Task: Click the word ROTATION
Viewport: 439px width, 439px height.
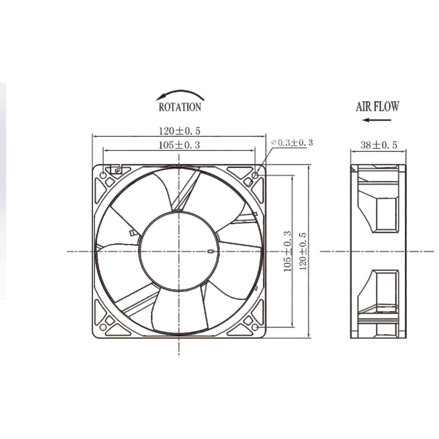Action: [x=180, y=107]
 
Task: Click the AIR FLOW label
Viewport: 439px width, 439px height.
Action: [x=377, y=106]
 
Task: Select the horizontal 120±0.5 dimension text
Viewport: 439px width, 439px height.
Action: [x=180, y=131]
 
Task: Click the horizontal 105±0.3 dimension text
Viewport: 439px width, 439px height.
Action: [x=179, y=145]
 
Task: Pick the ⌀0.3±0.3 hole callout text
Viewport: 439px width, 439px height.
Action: [x=292, y=143]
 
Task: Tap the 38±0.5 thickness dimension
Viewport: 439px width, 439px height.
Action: [x=379, y=145]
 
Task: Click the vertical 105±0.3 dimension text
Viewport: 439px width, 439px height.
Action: [x=287, y=251]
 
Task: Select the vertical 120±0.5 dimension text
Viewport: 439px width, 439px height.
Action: [x=303, y=251]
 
